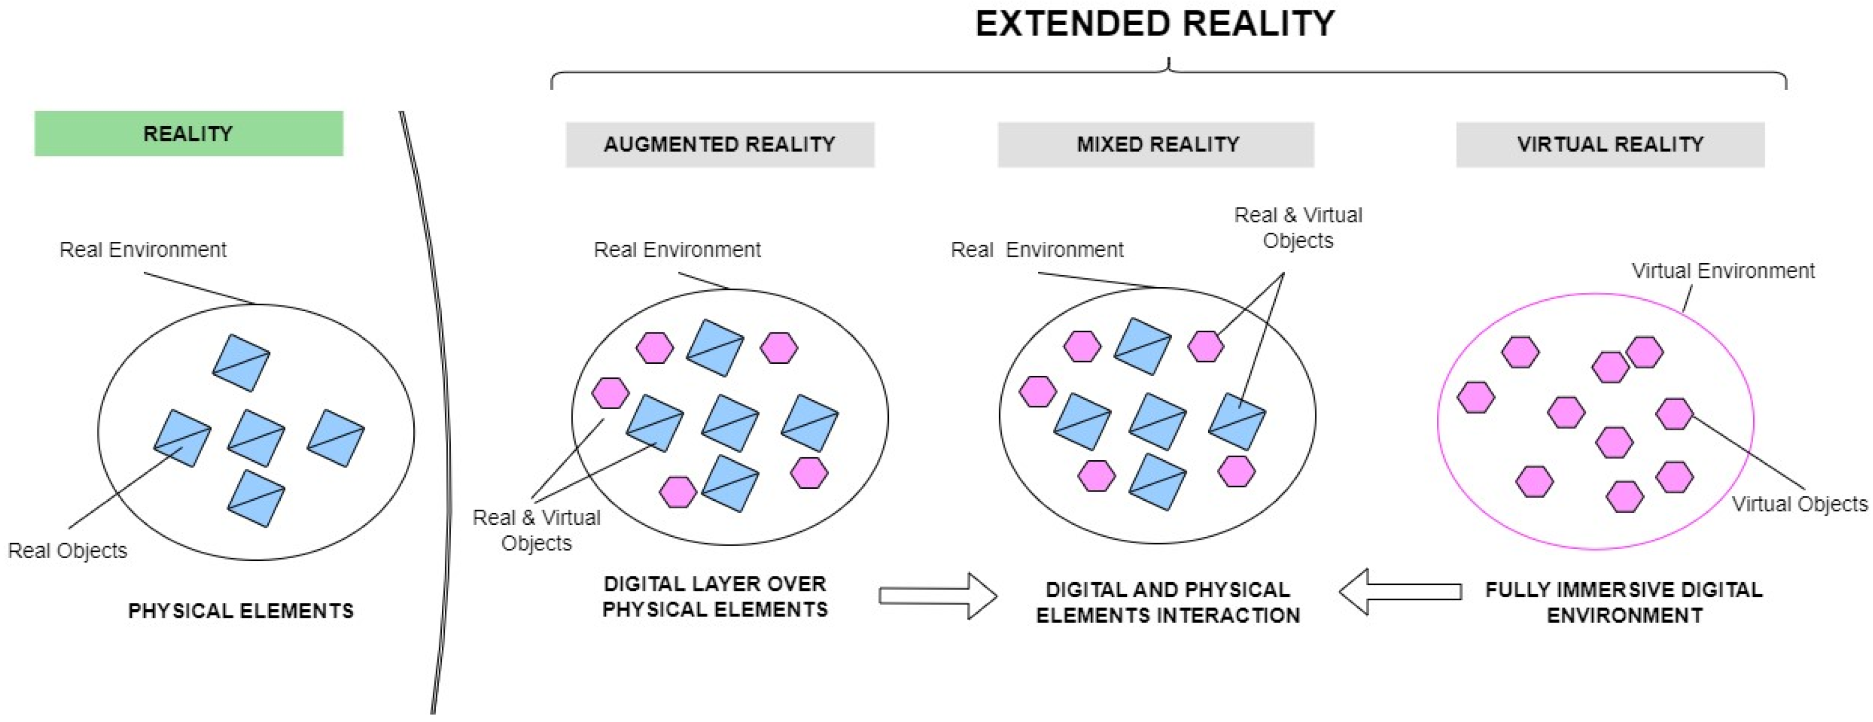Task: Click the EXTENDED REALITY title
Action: tap(1155, 24)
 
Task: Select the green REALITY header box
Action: tap(189, 134)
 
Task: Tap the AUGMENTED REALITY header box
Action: tap(720, 145)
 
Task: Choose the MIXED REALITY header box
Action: tap(1155, 145)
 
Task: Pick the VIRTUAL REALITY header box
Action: tap(1610, 145)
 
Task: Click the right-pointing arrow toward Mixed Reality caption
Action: tap(937, 595)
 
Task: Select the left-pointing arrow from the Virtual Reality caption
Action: tap(1400, 592)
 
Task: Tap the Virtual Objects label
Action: tap(1799, 504)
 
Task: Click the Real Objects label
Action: tap(68, 551)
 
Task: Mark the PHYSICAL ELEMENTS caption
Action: tap(241, 611)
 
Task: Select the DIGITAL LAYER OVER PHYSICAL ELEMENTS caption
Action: tap(715, 596)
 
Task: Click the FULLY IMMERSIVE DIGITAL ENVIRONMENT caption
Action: tap(1624, 602)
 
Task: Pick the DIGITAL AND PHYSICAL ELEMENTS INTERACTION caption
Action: tap(1167, 602)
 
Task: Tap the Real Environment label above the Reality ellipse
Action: tap(143, 250)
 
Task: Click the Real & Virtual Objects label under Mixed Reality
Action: tap(1298, 227)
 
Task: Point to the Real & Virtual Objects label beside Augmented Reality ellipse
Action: tap(536, 530)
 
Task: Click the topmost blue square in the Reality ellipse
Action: tap(241, 363)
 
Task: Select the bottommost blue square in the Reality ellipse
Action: tap(256, 498)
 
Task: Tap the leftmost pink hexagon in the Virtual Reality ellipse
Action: tap(1476, 398)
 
